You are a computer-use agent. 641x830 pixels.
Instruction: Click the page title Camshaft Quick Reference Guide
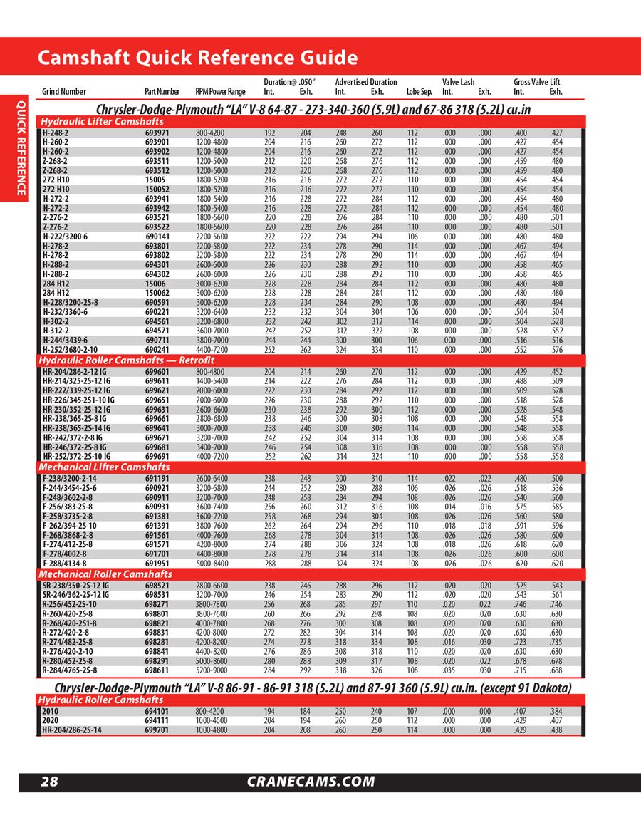[197, 57]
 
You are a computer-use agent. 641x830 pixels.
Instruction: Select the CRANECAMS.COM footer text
[311, 782]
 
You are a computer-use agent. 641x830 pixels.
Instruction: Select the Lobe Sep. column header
[419, 92]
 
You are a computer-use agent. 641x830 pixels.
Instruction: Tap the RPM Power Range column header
[220, 92]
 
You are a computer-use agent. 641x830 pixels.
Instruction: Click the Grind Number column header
[64, 92]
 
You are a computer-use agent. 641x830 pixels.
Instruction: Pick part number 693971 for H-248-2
[157, 133]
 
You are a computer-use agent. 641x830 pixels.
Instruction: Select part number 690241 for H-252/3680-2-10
[157, 350]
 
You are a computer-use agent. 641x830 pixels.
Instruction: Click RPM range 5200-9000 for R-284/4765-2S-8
[212, 670]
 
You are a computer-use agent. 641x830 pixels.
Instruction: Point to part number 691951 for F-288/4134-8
[157, 564]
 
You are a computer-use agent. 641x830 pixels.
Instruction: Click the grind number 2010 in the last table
[50, 711]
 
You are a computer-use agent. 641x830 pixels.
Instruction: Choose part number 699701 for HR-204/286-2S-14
[157, 730]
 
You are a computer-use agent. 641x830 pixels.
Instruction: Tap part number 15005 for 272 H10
[155, 181]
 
